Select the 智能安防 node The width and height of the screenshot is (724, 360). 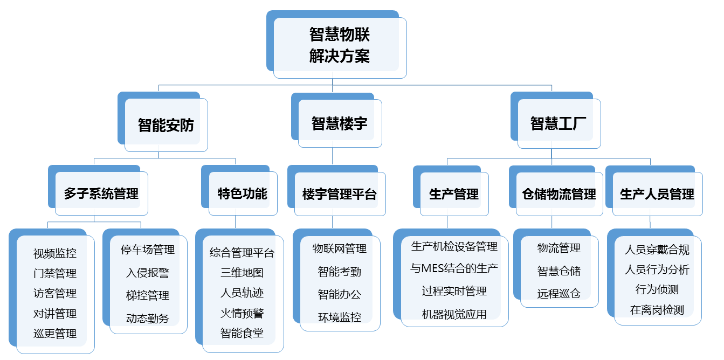click(166, 124)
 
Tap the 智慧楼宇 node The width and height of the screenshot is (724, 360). click(339, 123)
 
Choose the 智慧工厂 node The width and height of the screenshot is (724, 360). click(558, 123)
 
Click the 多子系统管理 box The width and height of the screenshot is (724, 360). click(101, 194)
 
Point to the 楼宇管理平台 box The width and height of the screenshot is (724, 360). click(340, 194)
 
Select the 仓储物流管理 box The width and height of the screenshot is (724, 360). click(559, 194)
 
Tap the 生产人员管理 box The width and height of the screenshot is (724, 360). click(657, 194)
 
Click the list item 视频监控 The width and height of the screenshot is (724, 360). click(55, 253)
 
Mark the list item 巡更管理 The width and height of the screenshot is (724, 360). click(55, 334)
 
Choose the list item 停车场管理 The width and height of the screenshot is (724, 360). click(148, 250)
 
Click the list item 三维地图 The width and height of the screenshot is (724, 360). click(242, 273)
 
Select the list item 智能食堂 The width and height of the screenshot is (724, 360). click(242, 333)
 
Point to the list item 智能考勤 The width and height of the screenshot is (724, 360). click(340, 272)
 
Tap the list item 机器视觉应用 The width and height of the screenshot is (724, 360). click(454, 314)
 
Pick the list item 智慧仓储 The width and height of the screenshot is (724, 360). click(559, 271)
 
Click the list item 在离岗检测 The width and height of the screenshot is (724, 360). click(657, 310)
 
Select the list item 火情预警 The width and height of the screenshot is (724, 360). click(242, 313)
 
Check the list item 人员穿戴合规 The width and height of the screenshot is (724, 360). click(657, 250)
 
